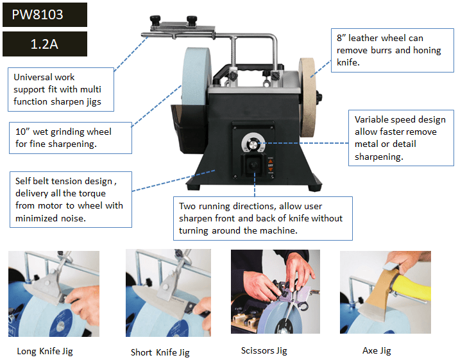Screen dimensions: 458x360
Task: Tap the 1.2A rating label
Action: (x=44, y=44)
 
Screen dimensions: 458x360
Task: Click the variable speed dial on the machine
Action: (x=253, y=143)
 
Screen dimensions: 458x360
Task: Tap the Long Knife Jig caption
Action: (x=45, y=351)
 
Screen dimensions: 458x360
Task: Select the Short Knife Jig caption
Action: (x=160, y=352)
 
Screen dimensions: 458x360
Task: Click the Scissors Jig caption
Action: (x=264, y=350)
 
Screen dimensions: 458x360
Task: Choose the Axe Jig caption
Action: (x=377, y=350)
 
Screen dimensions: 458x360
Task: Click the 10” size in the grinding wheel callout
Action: (x=22, y=132)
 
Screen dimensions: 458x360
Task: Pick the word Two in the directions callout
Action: (x=187, y=206)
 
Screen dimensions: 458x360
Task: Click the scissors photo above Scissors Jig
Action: (x=275, y=291)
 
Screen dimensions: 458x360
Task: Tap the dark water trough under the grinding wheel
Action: (x=189, y=128)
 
